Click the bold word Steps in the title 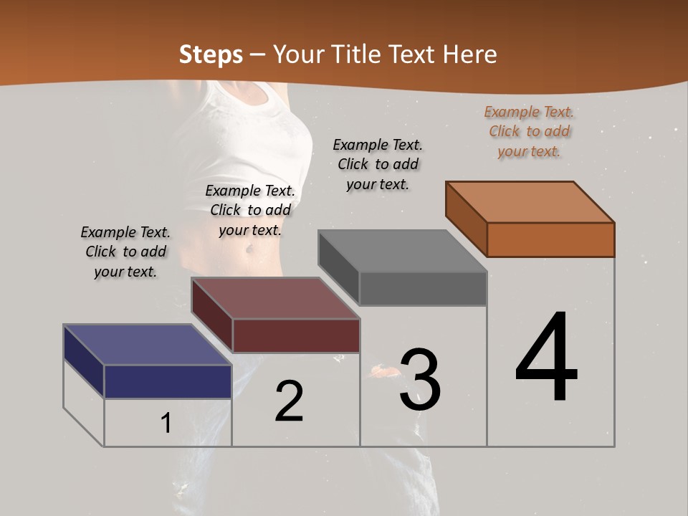click(211, 54)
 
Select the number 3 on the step click(420, 380)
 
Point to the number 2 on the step click(289, 401)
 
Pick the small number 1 click(166, 423)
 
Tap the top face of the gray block click(403, 251)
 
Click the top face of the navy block click(148, 345)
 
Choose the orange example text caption click(529, 131)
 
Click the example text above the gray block click(378, 164)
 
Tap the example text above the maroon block click(250, 210)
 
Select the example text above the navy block click(125, 252)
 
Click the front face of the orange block click(550, 239)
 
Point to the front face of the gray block click(423, 289)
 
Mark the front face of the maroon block click(296, 335)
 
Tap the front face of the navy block click(168, 381)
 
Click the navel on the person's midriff click(249, 249)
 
